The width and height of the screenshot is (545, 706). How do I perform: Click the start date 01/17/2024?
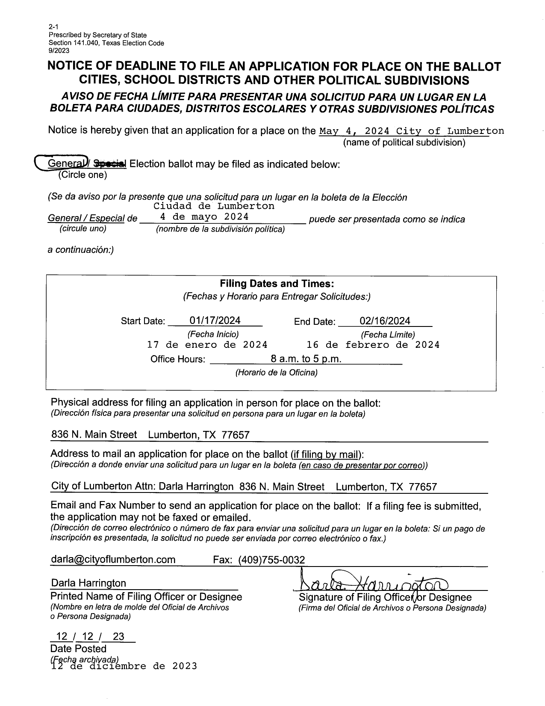tap(215, 320)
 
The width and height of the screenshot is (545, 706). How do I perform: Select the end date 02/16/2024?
tap(385, 321)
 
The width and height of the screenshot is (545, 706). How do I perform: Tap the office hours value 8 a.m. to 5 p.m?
tap(306, 359)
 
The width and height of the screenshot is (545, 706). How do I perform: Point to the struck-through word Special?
tap(110, 163)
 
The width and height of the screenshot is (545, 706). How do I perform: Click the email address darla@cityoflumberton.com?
tap(113, 559)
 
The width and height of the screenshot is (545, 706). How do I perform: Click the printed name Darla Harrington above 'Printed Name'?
tap(88, 583)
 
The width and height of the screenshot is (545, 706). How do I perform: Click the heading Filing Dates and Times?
tap(277, 284)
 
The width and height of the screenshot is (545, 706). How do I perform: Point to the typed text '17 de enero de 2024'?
tap(207, 345)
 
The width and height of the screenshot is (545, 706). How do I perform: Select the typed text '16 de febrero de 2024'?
tap(373, 345)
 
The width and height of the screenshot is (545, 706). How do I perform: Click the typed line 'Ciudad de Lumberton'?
tap(214, 206)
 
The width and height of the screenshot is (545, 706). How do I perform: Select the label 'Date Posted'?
tap(78, 649)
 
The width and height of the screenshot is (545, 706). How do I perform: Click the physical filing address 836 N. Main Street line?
tap(150, 435)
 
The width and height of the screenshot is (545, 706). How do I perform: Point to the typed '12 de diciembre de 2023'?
tap(124, 666)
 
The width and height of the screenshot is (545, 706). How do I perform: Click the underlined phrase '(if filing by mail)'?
tap(327, 454)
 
